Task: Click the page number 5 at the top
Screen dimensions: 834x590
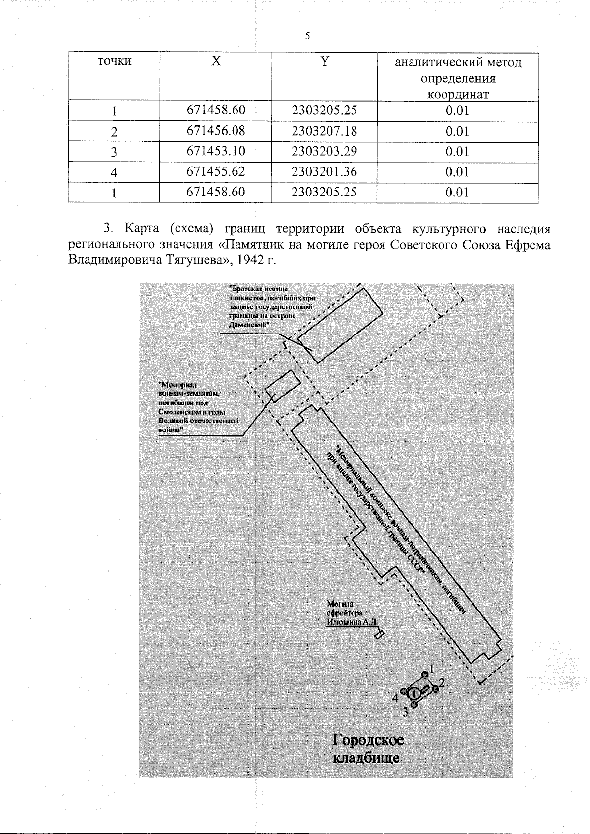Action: [307, 36]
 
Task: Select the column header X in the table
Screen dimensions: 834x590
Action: [216, 61]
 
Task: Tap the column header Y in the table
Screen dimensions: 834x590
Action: [324, 61]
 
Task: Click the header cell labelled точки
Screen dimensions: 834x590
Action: [114, 61]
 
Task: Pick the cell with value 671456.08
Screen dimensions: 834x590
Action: [216, 131]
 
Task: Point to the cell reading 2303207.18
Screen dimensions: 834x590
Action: [324, 131]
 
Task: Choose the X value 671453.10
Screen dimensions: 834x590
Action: [216, 151]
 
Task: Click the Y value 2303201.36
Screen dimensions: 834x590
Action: [324, 172]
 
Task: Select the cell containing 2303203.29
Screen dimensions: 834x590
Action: [324, 151]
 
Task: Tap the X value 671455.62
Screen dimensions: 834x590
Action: [216, 172]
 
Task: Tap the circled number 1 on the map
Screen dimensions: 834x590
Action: [414, 693]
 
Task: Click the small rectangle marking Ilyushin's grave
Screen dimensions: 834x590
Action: [379, 635]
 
